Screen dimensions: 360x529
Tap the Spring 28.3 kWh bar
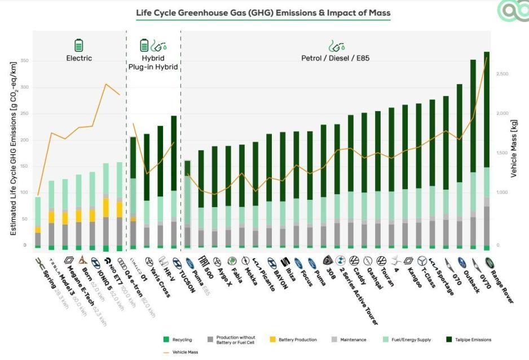38,220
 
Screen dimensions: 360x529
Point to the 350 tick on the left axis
23,61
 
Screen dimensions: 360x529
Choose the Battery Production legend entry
297,340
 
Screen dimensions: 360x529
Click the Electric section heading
79,58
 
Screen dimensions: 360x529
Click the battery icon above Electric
79,45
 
